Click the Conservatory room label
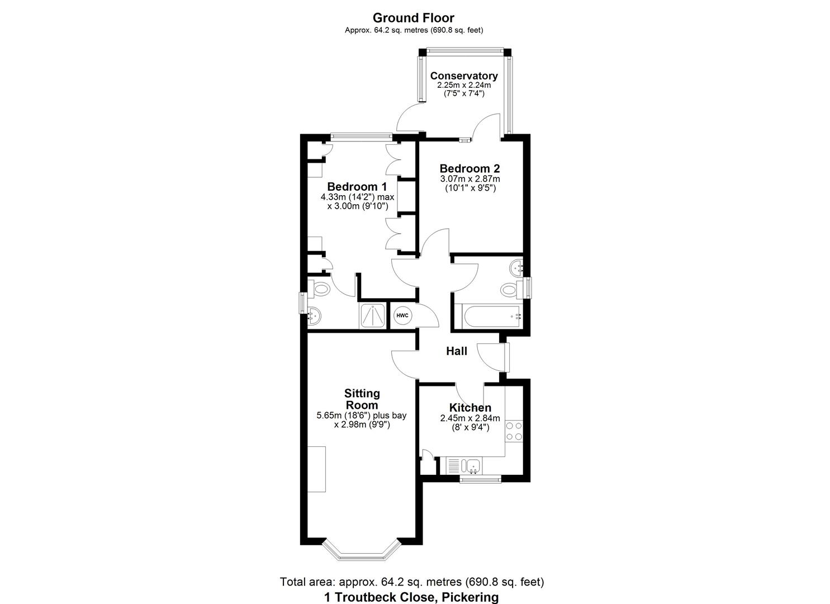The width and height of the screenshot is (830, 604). click(463, 75)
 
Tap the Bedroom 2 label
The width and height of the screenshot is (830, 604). click(469, 168)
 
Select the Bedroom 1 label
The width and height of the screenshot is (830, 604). click(357, 186)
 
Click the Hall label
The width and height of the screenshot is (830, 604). click(457, 351)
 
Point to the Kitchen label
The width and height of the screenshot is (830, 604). click(470, 408)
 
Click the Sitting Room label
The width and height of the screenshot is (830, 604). click(362, 399)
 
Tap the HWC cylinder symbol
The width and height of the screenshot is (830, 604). click(402, 316)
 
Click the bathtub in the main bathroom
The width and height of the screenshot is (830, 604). click(487, 317)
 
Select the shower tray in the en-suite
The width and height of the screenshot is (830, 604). click(372, 316)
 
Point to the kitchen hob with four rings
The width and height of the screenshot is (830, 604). click(514, 431)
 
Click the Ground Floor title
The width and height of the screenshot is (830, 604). click(414, 18)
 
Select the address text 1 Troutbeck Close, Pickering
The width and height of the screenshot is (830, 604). click(411, 597)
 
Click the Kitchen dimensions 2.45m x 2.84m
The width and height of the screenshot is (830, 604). click(470, 418)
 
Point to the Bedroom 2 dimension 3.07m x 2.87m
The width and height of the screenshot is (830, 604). click(469, 179)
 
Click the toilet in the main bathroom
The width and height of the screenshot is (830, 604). click(509, 290)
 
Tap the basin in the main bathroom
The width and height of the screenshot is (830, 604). click(515, 268)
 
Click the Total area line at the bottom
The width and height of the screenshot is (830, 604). click(411, 582)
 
